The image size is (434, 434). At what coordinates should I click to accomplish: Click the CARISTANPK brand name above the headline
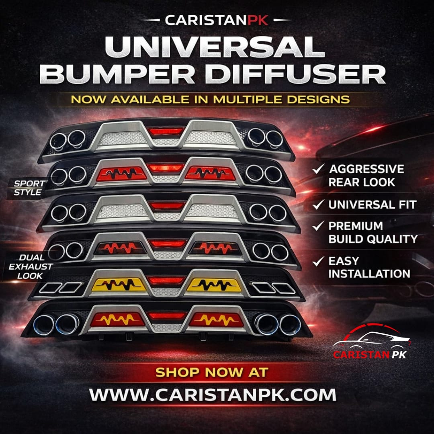pyautogui.click(x=217, y=20)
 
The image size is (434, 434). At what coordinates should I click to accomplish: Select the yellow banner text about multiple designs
pyautogui.click(x=210, y=99)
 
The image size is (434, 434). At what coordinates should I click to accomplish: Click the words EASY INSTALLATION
pyautogui.click(x=369, y=267)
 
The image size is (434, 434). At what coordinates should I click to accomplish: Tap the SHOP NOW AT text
pyautogui.click(x=211, y=372)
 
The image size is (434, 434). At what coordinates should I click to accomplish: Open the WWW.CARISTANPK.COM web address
pyautogui.click(x=213, y=395)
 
